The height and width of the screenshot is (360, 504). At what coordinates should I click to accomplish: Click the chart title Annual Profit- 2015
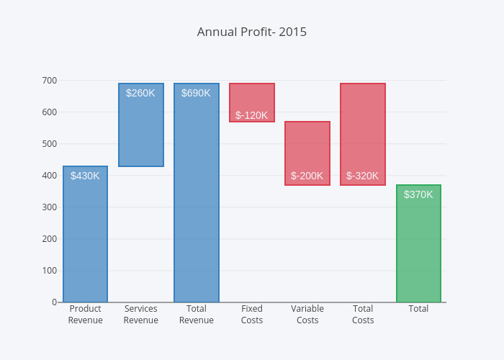[x=252, y=32]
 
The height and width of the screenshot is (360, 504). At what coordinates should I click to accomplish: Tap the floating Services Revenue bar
[x=141, y=130]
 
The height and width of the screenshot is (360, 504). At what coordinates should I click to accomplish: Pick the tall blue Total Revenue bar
[x=197, y=202]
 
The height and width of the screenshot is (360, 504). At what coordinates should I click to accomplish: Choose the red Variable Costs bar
[x=307, y=148]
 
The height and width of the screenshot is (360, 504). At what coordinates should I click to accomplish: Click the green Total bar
[x=418, y=248]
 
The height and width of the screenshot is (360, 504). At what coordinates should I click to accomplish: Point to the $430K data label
[x=85, y=176]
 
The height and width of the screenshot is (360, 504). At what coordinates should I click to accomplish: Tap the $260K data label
[x=140, y=93]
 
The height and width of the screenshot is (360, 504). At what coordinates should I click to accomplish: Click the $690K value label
[x=196, y=93]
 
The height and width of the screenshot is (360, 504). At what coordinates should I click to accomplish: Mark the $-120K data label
[x=251, y=115]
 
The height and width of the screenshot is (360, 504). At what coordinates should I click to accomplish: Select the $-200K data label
[x=307, y=176]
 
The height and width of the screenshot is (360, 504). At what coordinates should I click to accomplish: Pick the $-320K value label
[x=362, y=176]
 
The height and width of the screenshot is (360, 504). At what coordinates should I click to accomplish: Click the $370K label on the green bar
[x=418, y=194]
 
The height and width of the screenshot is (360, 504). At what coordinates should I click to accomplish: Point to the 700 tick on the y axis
[x=50, y=81]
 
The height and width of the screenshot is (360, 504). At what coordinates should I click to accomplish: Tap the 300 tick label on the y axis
[x=50, y=207]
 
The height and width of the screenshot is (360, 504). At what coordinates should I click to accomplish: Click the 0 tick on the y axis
[x=54, y=302]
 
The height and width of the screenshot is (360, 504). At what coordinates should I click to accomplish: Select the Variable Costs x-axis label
[x=307, y=315]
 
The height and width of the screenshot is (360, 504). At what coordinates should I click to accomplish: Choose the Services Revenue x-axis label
[x=141, y=315]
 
